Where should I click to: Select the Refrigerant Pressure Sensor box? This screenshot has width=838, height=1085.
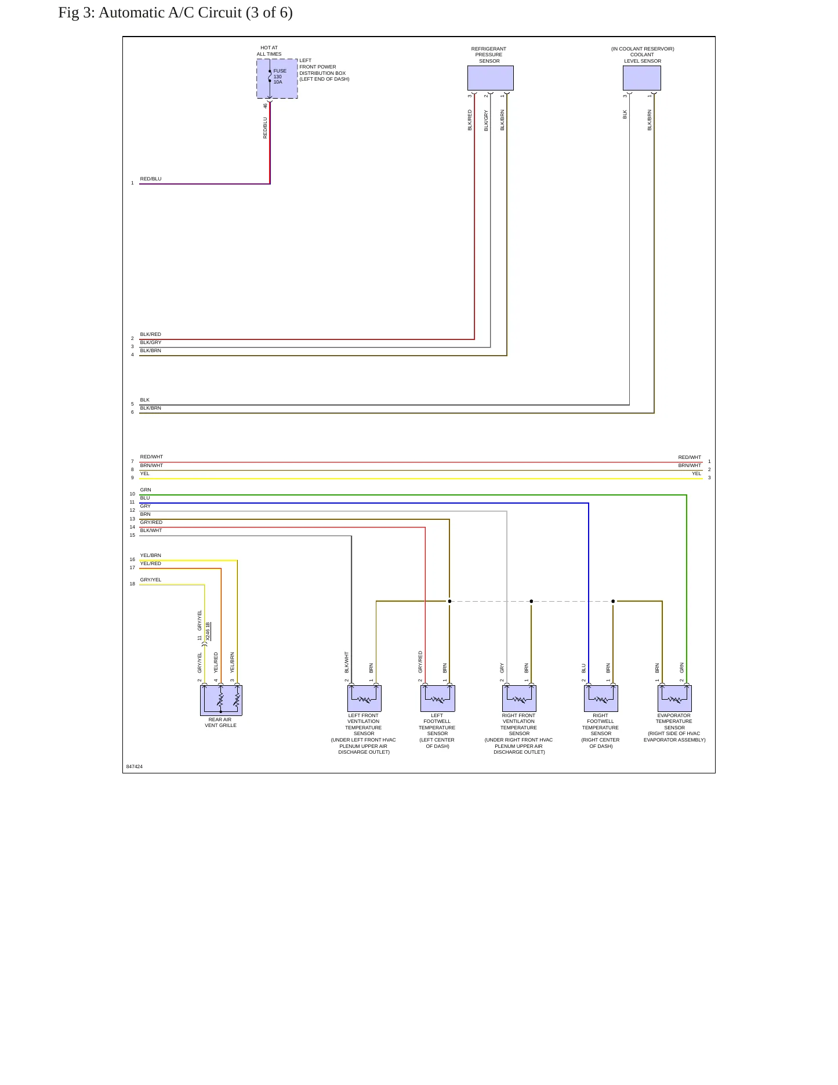click(x=490, y=78)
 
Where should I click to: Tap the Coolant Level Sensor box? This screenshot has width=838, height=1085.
click(x=641, y=78)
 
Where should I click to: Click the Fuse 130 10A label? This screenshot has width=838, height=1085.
click(x=280, y=77)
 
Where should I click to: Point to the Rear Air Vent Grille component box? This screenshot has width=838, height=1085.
click(x=221, y=700)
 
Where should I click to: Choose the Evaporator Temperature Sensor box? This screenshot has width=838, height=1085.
click(x=674, y=698)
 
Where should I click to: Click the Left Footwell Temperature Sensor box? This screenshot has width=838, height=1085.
click(x=437, y=698)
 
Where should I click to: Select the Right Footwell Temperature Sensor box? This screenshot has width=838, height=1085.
click(x=601, y=698)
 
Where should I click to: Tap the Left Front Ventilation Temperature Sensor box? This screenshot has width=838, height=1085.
click(x=364, y=698)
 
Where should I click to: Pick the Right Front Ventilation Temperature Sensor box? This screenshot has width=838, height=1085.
click(x=519, y=698)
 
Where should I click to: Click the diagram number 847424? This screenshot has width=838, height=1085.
click(x=135, y=766)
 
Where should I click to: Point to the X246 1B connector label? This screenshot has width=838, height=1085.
click(x=208, y=631)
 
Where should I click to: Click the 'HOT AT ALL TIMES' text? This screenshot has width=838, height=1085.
click(x=269, y=51)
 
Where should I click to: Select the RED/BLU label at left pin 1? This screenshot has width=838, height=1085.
click(x=151, y=179)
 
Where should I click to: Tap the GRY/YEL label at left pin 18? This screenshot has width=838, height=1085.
click(x=151, y=580)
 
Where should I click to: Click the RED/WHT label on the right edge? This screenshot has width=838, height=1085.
click(x=690, y=457)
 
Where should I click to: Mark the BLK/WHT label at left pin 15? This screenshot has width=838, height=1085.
click(x=151, y=530)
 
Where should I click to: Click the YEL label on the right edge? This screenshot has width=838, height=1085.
click(x=696, y=473)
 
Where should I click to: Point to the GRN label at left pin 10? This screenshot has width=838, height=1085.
click(x=146, y=490)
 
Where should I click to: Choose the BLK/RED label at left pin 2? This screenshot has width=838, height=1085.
click(x=151, y=334)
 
